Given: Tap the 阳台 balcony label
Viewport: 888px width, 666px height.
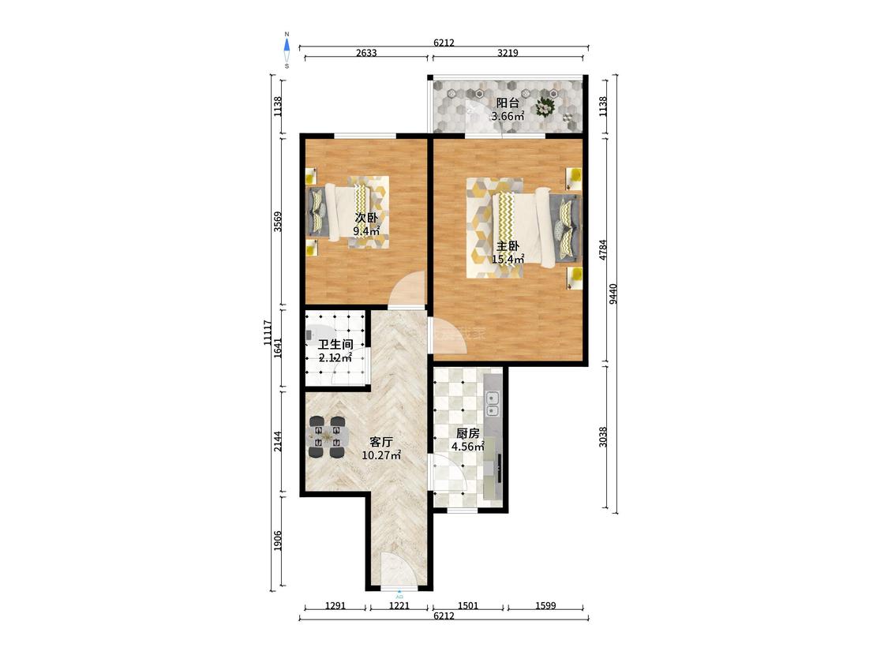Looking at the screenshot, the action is (508, 103).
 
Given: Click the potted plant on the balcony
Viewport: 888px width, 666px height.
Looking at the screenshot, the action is (545, 105).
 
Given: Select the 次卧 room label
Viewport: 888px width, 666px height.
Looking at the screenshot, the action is (366, 218).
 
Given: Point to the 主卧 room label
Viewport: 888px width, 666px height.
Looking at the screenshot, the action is (508, 246).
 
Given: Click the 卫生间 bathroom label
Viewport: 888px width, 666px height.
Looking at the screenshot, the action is (335, 344).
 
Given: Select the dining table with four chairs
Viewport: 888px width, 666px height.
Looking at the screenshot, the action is (328, 437).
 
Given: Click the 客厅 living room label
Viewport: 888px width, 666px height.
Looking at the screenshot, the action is (381, 442).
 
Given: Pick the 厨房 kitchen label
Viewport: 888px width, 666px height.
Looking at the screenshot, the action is (468, 434).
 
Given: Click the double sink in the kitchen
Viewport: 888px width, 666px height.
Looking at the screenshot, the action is (493, 403).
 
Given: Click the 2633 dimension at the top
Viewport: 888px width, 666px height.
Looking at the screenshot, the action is (366, 53).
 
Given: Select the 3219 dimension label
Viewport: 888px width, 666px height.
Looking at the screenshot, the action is (508, 53).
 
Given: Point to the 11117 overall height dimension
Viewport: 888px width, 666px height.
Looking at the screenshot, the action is (268, 332).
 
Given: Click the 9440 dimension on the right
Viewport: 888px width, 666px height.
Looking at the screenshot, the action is (613, 294).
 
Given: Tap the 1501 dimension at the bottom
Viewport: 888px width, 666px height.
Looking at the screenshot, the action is (468, 605).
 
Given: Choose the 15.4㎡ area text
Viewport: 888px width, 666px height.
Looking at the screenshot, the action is (508, 260).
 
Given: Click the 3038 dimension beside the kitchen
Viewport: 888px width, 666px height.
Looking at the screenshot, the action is (603, 436).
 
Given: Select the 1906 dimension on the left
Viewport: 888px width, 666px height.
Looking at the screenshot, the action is (278, 541).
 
